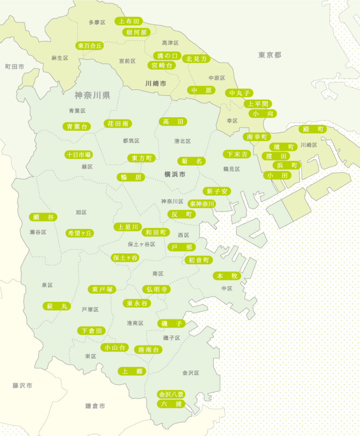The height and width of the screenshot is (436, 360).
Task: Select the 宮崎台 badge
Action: coord(162,65)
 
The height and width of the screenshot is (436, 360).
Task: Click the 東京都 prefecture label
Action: coord(269,55)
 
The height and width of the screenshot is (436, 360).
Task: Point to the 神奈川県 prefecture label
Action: coord(93,95)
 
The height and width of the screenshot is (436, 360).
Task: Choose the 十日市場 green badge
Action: coord(79,154)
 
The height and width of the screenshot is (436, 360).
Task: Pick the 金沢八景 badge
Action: coord(171,393)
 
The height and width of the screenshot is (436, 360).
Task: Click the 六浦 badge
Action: coord(171,404)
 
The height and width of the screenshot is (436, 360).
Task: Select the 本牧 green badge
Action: coord(226,275)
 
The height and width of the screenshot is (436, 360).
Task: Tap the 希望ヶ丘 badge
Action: coord(80,233)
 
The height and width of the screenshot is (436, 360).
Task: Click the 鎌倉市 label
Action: coord(95,406)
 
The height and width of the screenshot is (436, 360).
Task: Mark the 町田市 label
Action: coord(15,66)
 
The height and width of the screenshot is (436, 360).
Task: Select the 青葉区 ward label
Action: coord(77,111)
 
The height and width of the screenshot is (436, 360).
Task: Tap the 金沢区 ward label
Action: coord(191,373)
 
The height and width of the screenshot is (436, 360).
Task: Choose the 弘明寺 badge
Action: coord(156,289)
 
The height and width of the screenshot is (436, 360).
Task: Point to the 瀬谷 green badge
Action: coord(43,217)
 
